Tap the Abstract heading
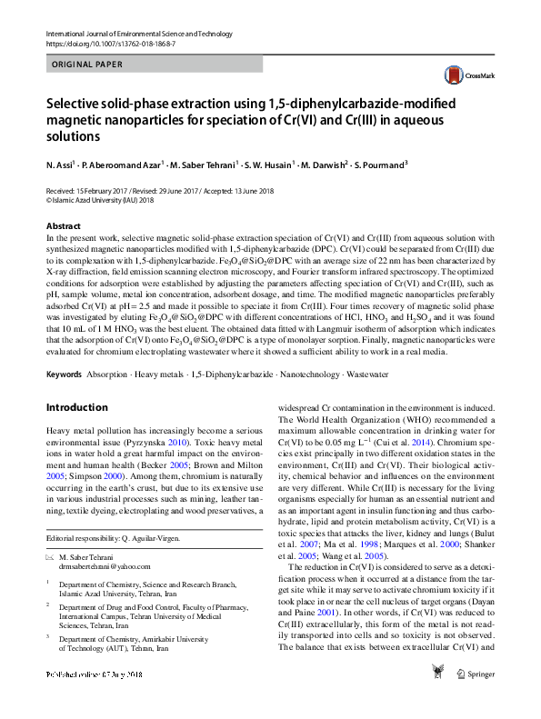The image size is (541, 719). tap(63, 225)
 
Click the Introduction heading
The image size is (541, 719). tap(77, 407)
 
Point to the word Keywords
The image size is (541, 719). tap(64, 374)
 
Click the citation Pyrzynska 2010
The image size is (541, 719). tap(192, 439)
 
